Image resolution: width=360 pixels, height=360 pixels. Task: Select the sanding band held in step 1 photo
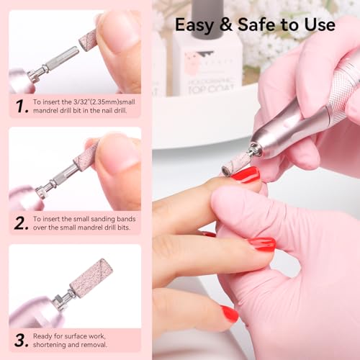pos(88,39)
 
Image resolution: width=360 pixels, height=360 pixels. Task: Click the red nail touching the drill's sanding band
pos(245,174)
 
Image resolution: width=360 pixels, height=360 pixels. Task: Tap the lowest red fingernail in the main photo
pos(230,313)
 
